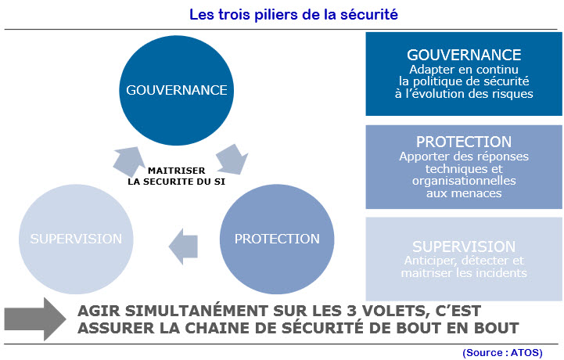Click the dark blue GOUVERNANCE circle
pyautogui.click(x=176, y=90)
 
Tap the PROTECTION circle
pyautogui.click(x=277, y=239)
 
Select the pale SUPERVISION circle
pyautogui.click(x=76, y=239)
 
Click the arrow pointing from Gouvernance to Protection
pyautogui.click(x=232, y=159)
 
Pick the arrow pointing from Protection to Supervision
pyautogui.click(x=184, y=247)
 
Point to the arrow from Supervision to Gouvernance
pyautogui.click(x=128, y=161)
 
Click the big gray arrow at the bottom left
pyautogui.click(x=35, y=319)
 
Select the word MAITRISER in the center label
pyautogui.click(x=176, y=171)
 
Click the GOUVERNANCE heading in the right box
pyautogui.click(x=464, y=55)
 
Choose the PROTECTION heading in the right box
pyautogui.click(x=464, y=142)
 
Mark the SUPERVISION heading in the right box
pyautogui.click(x=464, y=247)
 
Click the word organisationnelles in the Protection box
pyautogui.click(x=464, y=181)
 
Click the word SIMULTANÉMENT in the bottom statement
pyautogui.click(x=196, y=311)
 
